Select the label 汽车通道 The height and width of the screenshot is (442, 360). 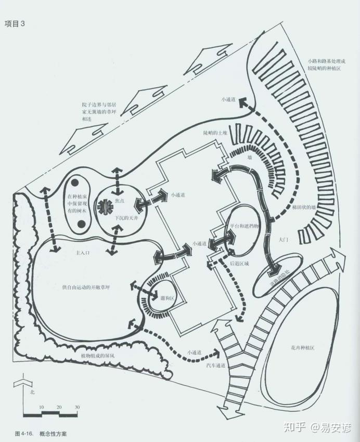pos(216,366)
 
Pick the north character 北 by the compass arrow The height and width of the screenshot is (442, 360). pos(32,391)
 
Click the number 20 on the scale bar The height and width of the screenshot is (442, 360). pos(59,407)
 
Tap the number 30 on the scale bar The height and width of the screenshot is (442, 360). pos(77,407)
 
